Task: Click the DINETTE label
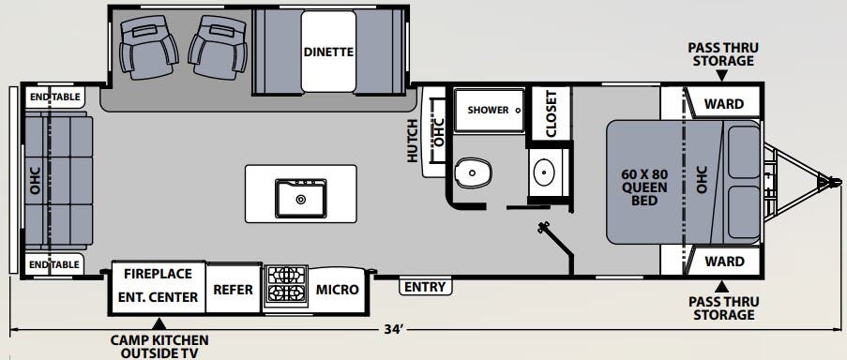(328, 52)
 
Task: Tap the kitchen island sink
(300, 198)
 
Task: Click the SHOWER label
(488, 110)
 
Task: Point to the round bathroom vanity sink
(544, 172)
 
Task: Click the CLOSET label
(552, 113)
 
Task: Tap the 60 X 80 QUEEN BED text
(644, 187)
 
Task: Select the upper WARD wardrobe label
(724, 103)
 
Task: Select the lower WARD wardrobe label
(724, 261)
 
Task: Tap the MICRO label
(337, 289)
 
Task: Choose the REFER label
(234, 289)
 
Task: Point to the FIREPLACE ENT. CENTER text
(159, 285)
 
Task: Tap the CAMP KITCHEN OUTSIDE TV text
(159, 346)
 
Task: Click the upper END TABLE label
(53, 97)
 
